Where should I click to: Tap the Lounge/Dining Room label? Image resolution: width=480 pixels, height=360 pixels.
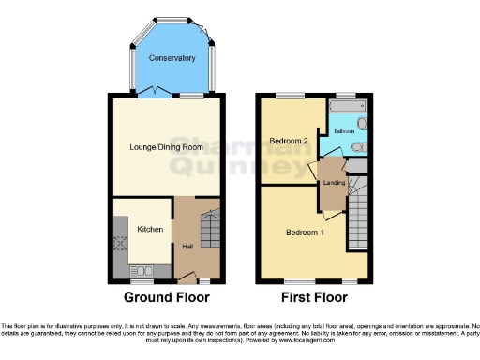[167, 147]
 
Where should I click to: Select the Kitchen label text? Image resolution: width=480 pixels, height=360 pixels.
[150, 229]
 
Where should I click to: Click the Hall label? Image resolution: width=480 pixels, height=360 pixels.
[187, 246]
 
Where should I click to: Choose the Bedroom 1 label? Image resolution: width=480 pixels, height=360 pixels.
[305, 232]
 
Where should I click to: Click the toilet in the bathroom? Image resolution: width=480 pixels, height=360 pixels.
[357, 147]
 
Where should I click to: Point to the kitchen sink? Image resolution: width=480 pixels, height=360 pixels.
[118, 224]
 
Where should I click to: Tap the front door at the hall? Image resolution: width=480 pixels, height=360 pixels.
[190, 277]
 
